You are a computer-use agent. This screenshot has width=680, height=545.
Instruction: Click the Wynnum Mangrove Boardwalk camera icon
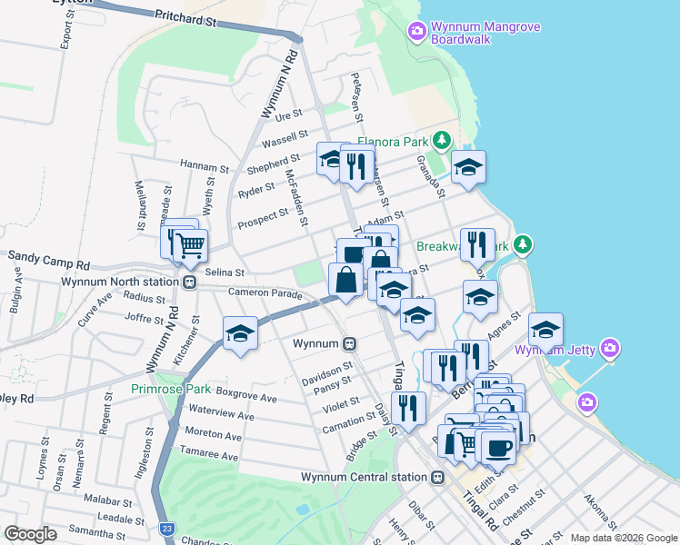(x=417, y=32)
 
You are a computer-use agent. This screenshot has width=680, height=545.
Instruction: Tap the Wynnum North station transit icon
(x=189, y=282)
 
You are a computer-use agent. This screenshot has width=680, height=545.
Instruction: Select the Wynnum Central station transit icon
(x=438, y=477)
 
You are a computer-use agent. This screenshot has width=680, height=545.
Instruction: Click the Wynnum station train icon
(x=349, y=344)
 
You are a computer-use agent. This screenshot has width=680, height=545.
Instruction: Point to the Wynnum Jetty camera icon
(x=610, y=348)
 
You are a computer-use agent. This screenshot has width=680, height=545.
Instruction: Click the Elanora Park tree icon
(x=441, y=140)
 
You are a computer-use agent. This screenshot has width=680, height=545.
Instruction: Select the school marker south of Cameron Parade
(x=239, y=333)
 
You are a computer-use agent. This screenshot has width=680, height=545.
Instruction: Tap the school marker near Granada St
(x=468, y=167)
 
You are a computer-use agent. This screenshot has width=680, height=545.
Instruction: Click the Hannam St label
(x=205, y=167)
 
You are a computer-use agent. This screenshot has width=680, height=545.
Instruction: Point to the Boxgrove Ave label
(x=246, y=398)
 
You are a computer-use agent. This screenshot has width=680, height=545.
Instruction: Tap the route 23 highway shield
(x=165, y=528)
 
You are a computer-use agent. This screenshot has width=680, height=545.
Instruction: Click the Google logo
(x=30, y=533)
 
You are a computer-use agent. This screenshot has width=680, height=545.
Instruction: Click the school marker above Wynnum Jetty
(x=545, y=330)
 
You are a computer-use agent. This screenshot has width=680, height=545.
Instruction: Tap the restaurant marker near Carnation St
(x=408, y=409)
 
